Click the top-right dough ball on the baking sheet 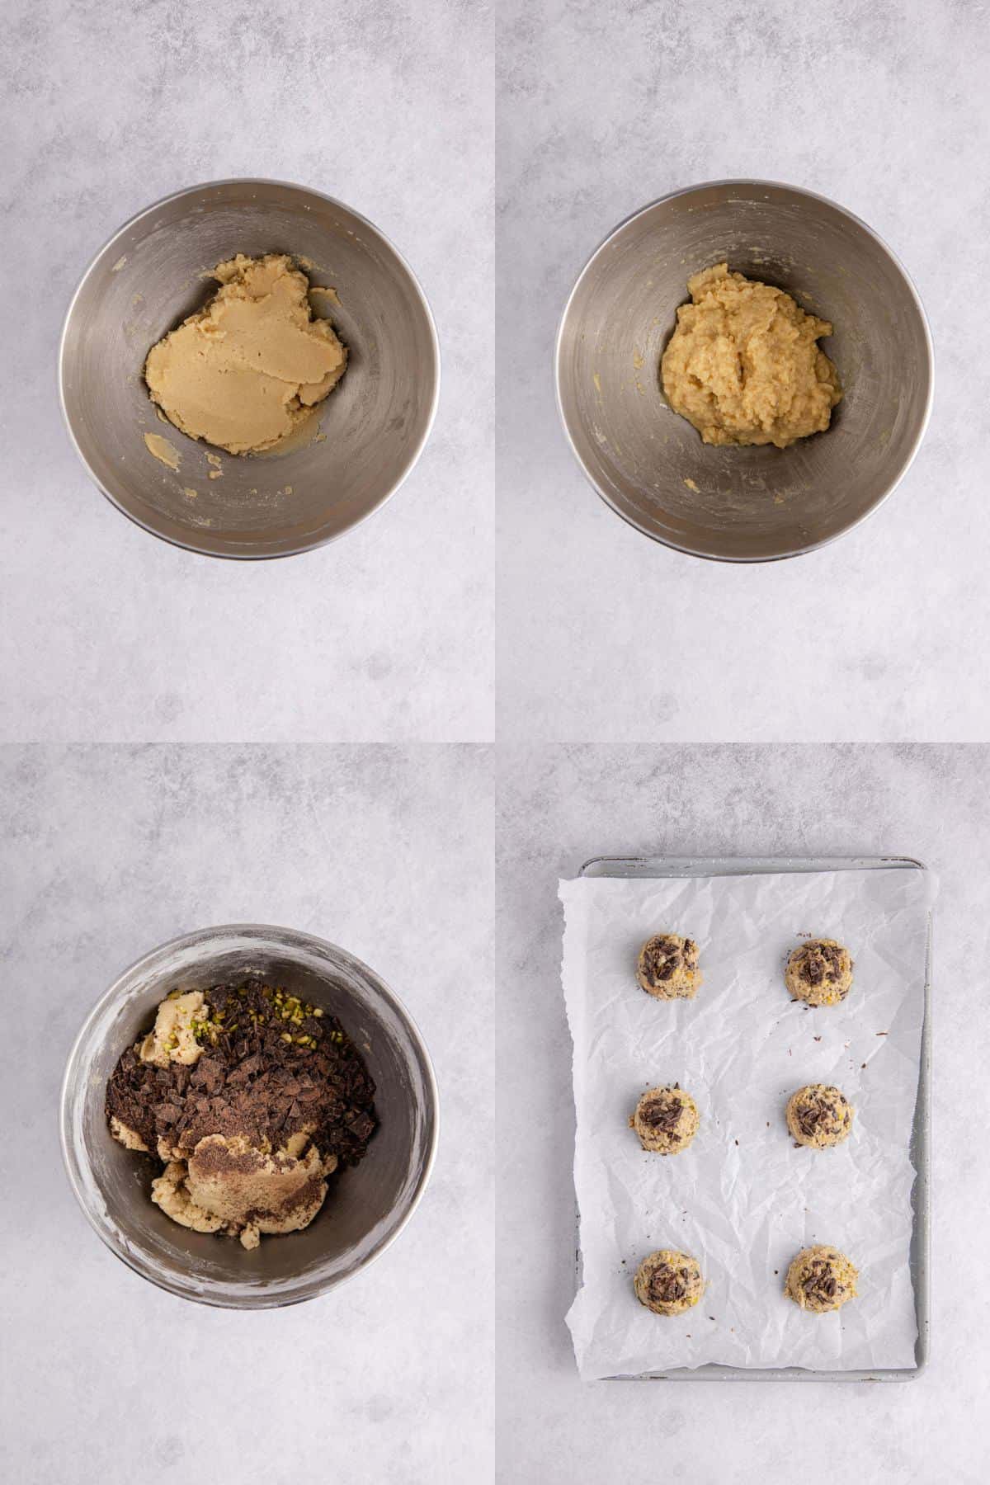(818, 972)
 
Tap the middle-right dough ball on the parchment (818, 1114)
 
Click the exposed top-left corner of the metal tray (587, 865)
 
